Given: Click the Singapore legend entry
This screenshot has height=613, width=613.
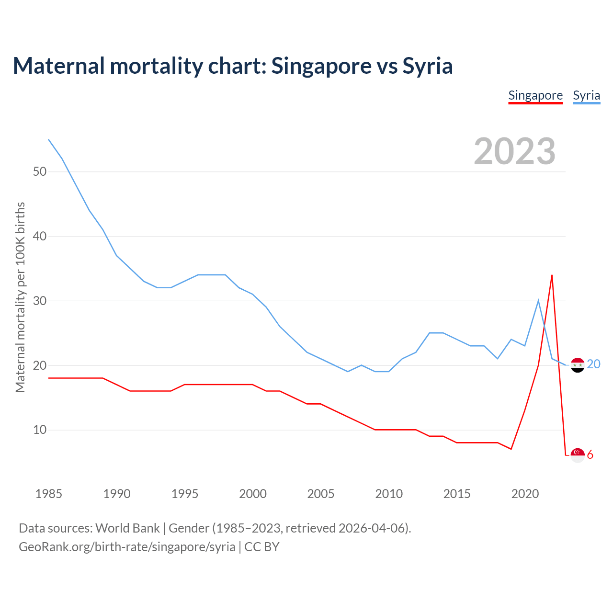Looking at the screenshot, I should click(535, 95).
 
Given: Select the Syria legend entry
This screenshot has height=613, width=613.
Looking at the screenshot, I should click(586, 95).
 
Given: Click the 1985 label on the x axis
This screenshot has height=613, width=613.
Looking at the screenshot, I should click(48, 494).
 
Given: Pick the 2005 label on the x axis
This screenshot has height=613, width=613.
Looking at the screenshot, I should click(320, 494).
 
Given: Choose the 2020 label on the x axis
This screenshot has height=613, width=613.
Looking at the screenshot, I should click(525, 494).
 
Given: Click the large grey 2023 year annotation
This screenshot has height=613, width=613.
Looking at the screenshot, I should click(514, 151).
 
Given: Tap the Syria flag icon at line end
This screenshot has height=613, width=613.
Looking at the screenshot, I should click(578, 365).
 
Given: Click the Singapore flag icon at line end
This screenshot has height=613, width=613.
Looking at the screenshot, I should click(578, 455).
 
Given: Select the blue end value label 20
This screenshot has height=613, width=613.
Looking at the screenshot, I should click(593, 364).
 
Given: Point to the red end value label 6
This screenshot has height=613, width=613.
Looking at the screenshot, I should click(590, 454).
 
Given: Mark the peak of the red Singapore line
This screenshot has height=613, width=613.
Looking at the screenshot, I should click(552, 275).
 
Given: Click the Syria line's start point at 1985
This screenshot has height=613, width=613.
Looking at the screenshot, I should click(49, 139).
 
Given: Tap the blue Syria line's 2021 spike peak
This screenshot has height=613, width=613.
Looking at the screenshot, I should click(538, 300).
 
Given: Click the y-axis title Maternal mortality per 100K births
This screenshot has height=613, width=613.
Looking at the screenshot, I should click(20, 297).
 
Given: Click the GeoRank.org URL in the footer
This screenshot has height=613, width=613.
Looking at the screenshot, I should click(127, 547).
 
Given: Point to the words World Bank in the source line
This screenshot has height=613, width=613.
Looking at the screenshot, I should click(127, 528).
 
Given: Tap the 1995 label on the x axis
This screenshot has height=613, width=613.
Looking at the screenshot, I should click(184, 494).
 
